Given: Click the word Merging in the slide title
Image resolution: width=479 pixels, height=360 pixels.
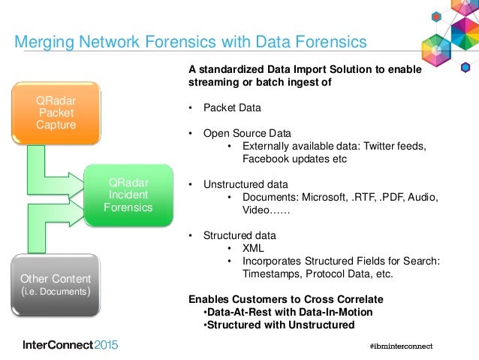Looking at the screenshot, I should pos(46,41).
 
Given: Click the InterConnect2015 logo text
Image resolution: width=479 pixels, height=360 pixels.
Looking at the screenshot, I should pos(70,345).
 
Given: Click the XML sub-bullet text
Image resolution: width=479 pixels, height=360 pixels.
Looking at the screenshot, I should pos(253,247).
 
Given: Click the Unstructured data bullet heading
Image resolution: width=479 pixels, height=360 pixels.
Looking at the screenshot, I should pos(246,184).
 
